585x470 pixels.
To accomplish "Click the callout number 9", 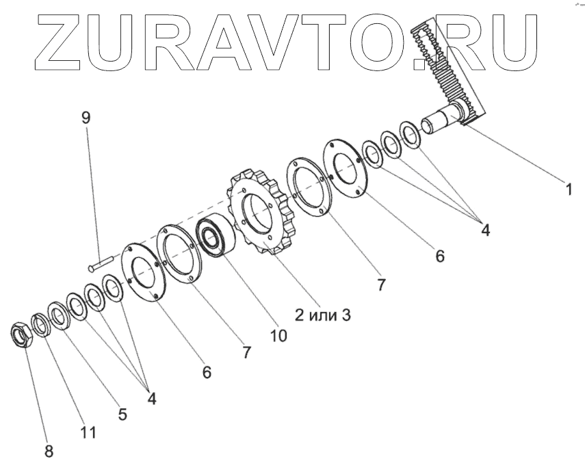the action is click(86, 117).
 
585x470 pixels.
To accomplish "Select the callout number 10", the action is click(278, 335).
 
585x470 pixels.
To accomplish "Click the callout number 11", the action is click(88, 432).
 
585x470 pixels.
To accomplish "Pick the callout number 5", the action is click(122, 415).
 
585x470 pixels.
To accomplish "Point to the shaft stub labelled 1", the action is click(441, 122).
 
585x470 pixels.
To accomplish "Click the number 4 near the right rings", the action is click(485, 230).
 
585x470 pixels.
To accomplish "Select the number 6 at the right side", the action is click(440, 257).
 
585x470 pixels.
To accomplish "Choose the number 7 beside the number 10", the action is click(246, 352).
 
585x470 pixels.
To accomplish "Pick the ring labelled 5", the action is click(57, 315).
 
